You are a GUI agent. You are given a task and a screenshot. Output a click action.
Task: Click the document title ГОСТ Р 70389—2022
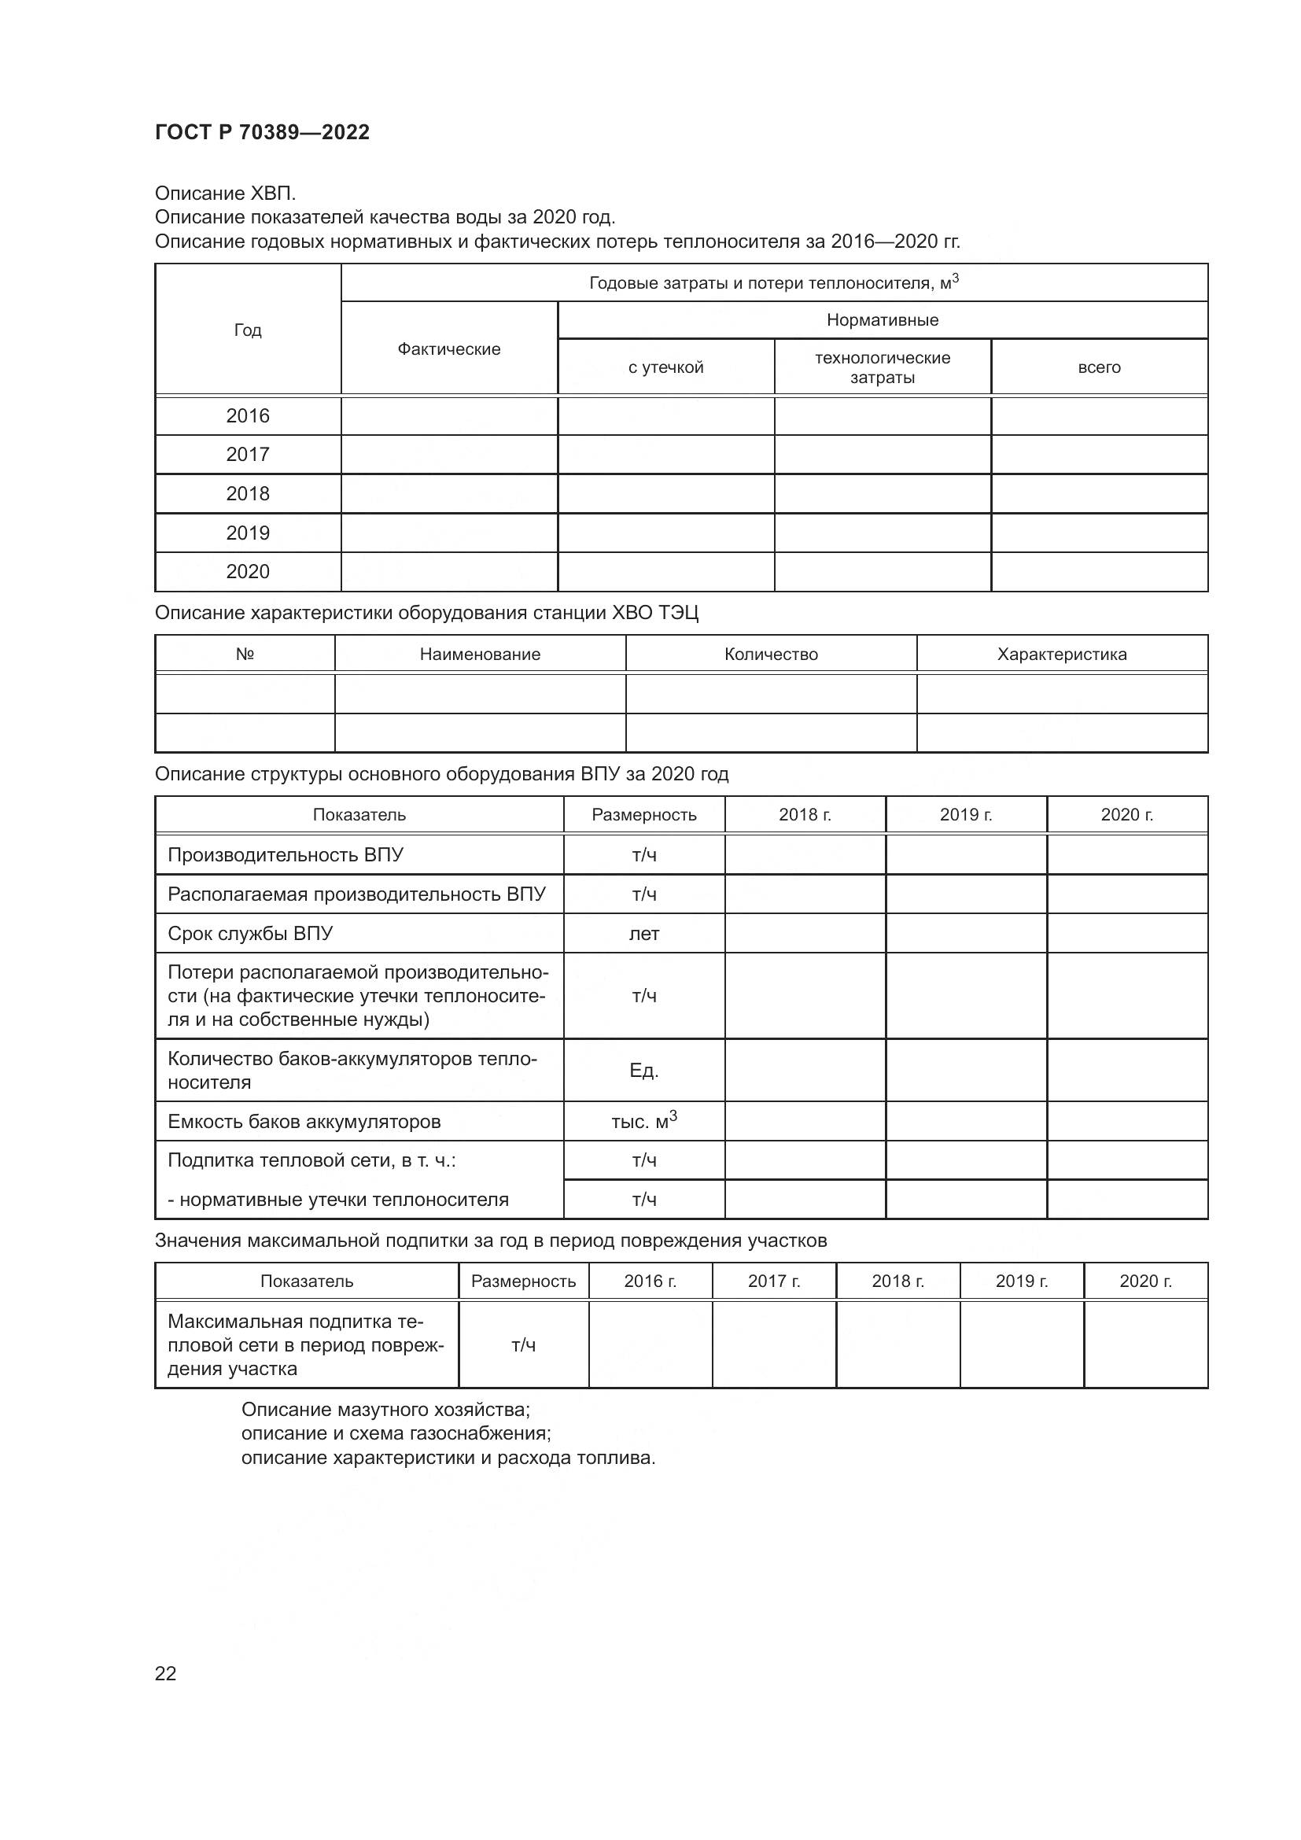[262, 132]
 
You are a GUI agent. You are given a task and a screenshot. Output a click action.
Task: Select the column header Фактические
[448, 348]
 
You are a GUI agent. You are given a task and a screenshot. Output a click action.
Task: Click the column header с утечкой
[665, 367]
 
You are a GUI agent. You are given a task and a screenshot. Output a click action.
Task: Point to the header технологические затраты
[882, 367]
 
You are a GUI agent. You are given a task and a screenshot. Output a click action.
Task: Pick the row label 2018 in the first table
[248, 494]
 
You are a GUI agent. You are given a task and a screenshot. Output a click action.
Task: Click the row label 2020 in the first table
[248, 571]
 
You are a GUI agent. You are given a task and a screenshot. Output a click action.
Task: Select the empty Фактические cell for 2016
[448, 416]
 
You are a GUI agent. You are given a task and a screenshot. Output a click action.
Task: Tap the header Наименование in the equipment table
[480, 654]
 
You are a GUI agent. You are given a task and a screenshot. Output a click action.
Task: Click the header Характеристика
[1061, 654]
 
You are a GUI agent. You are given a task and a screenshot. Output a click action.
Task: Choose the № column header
[245, 654]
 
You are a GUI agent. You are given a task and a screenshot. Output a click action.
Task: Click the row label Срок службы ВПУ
[250, 934]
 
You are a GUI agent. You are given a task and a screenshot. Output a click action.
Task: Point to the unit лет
[644, 934]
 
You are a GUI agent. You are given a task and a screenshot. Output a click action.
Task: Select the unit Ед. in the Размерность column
[644, 1071]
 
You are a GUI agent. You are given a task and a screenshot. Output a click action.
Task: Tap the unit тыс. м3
[644, 1121]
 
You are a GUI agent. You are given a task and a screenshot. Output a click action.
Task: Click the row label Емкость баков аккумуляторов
[304, 1121]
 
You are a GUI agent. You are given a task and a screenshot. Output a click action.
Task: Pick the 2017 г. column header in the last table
[774, 1281]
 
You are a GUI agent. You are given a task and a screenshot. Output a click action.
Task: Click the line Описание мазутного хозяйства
[385, 1409]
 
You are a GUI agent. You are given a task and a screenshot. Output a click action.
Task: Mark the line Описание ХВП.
[225, 194]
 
